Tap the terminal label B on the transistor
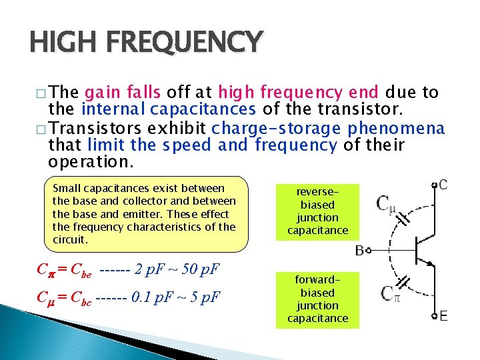click(x=360, y=251)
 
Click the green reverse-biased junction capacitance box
click(x=317, y=211)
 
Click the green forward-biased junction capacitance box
click(x=317, y=299)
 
